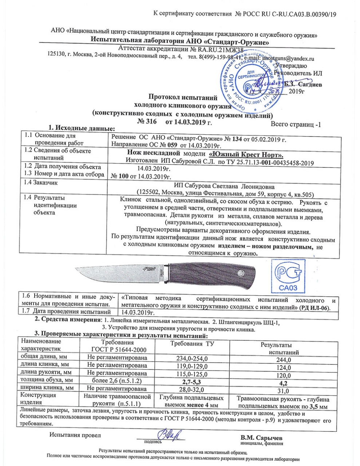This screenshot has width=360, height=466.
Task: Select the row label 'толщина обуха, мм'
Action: pos(44,380)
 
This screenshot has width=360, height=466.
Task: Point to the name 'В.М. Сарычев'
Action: pos(261,438)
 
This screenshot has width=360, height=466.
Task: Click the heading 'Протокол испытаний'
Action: pos(183,97)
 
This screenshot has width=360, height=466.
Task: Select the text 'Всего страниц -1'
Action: pos(296,125)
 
